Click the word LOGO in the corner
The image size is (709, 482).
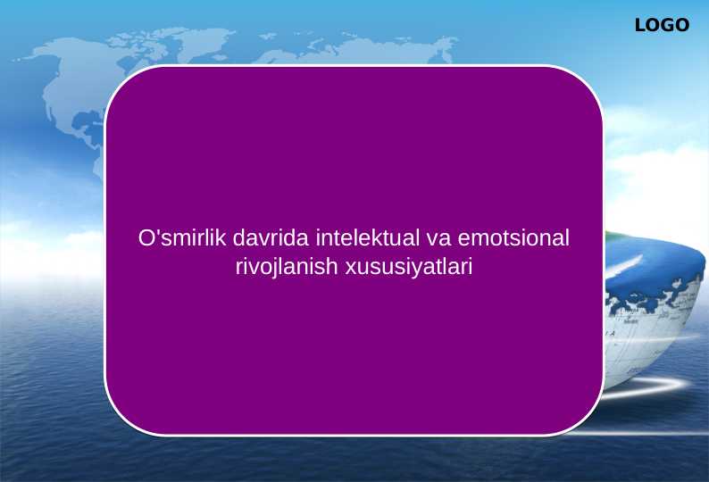pyautogui.click(x=662, y=26)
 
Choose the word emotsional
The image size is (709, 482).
pyautogui.click(x=513, y=239)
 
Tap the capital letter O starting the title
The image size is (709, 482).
pyautogui.click(x=146, y=239)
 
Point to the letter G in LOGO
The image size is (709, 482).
pyautogui.click(x=668, y=26)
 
